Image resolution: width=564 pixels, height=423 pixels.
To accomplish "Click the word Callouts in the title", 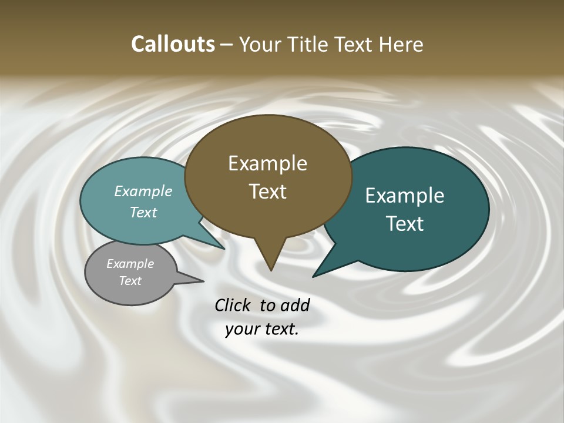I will click(173, 45).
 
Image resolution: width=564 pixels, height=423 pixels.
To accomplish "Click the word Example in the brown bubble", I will click(267, 163).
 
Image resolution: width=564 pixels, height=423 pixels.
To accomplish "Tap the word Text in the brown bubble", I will click(267, 192).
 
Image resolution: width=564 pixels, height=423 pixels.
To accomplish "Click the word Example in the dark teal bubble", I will click(405, 196).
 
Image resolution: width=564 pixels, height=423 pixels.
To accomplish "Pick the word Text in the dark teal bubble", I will click(405, 224).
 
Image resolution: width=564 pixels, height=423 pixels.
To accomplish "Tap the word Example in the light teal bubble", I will click(143, 192).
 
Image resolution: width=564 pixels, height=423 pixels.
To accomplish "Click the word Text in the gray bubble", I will click(130, 281).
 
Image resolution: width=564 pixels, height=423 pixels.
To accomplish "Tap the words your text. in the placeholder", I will click(262, 330).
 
